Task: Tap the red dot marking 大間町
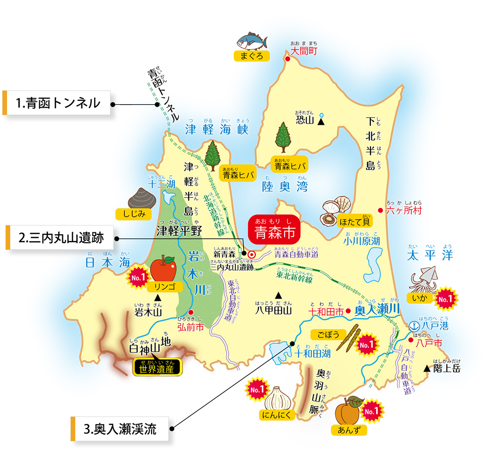point(288,59)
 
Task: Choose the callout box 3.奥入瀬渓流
point(120,429)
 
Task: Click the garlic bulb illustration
point(278,398)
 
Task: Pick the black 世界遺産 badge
point(157,368)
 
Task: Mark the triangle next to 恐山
point(321,120)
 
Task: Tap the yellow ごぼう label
point(325,335)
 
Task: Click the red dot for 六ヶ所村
point(381,211)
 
